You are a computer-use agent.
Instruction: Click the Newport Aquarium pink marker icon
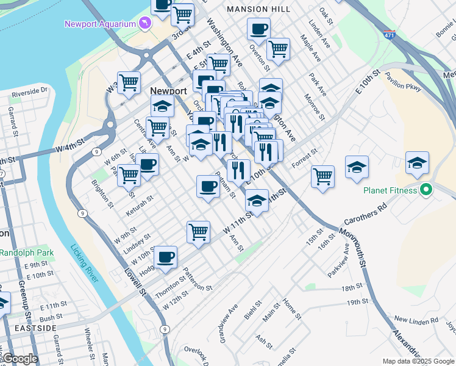[x=144, y=23]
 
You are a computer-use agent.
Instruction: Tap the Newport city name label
[x=168, y=90]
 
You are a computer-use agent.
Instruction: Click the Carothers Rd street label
[x=366, y=215]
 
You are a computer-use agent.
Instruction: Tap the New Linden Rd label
[x=416, y=320]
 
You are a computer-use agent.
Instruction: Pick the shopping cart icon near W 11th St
[x=198, y=232]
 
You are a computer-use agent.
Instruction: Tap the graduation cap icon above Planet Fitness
[x=418, y=162]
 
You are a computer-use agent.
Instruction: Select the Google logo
[x=20, y=359]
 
